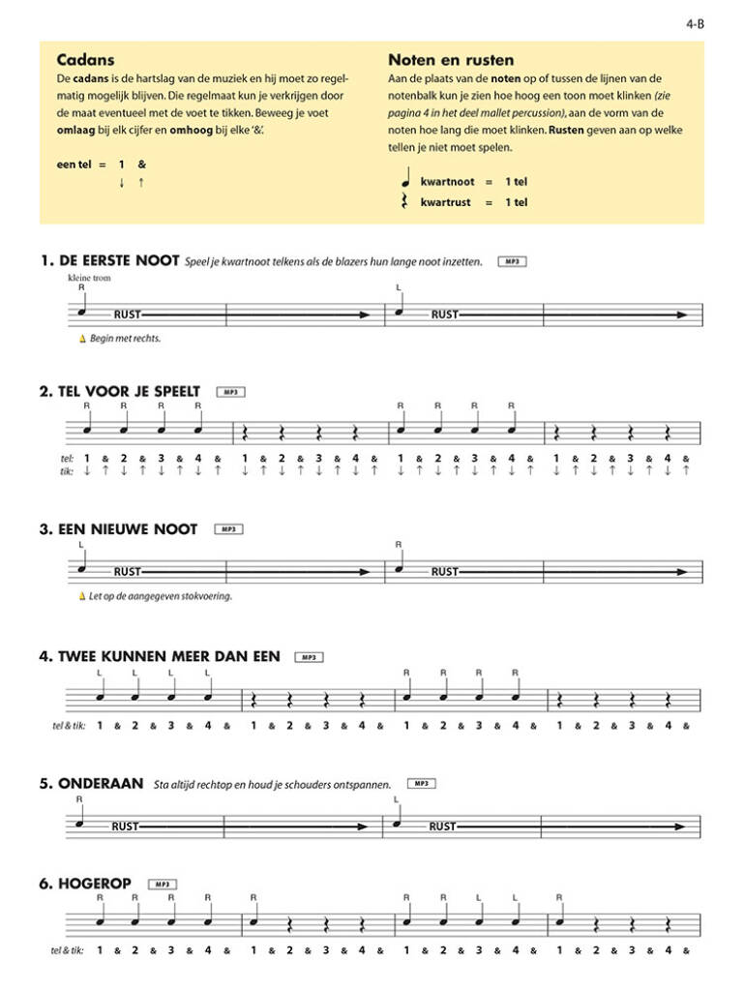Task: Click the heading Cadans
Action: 82,60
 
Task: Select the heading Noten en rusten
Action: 450,60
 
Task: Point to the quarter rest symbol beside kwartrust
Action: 406,202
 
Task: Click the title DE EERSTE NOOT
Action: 119,260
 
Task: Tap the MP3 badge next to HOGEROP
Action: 162,884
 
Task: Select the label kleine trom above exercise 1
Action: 85,277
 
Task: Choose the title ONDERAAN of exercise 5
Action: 102,784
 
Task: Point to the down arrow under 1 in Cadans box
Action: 121,182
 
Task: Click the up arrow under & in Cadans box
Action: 141,182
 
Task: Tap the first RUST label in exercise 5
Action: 126,826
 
